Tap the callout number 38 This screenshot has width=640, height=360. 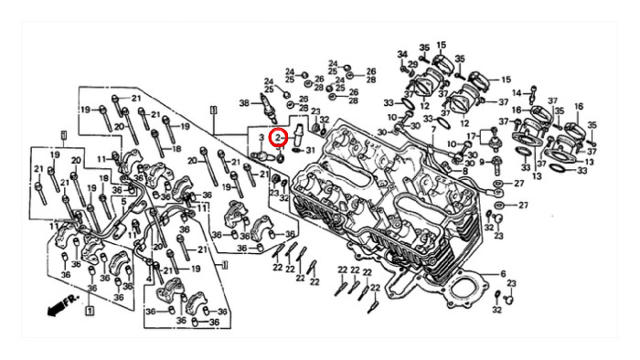pos(244,103)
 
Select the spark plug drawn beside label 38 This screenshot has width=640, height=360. pos(269,108)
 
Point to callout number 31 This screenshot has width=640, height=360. pos(311,151)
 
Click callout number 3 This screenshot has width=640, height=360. pos(261,138)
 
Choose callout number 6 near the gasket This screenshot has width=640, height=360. pos(503,274)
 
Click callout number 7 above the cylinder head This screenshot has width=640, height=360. pos(433,130)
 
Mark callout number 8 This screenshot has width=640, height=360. pos(464,172)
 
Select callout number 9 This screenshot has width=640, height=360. pos(482,162)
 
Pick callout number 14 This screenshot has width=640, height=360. pos(517,93)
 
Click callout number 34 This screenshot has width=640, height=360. pos(403,54)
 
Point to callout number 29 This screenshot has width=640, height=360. pos(412,65)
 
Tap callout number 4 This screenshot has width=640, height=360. pos(149,280)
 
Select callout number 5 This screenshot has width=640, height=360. pos(123,201)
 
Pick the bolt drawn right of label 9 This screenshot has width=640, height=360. pos(496,163)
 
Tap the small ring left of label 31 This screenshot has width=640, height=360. pos(298,151)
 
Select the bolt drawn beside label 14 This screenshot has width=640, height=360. pos(533,94)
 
